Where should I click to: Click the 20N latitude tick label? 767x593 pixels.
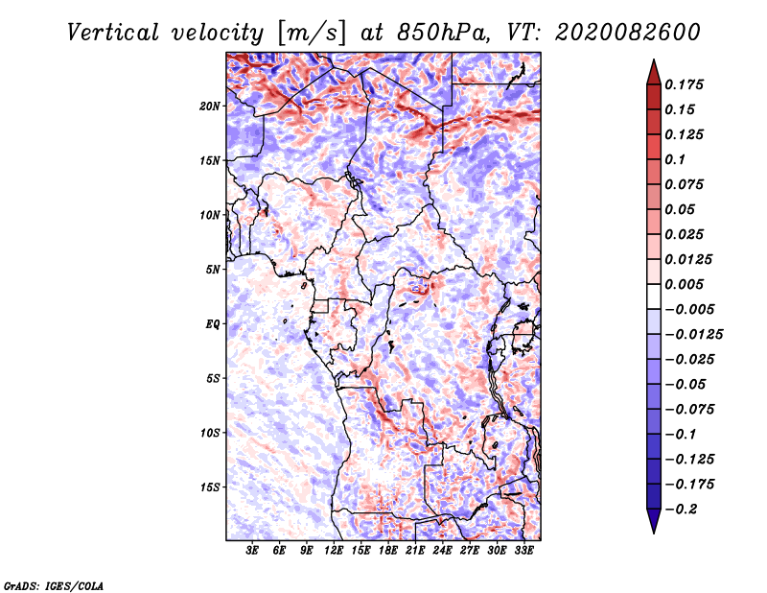click(209, 107)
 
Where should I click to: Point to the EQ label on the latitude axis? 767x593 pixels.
click(212, 324)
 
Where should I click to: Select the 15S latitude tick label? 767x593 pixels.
click(209, 487)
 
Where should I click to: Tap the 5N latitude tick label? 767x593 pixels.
click(212, 270)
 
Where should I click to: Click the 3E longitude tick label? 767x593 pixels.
click(252, 550)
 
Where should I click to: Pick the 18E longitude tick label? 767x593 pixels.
click(388, 550)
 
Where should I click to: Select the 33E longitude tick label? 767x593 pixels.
click(523, 550)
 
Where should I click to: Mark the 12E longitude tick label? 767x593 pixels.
click(334, 550)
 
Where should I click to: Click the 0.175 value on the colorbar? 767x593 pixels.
click(684, 84)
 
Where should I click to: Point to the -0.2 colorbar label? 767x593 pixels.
click(681, 510)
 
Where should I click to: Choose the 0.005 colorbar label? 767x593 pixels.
click(684, 284)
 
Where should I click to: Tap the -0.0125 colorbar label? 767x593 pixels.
click(693, 335)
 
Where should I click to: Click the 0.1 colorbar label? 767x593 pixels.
click(675, 159)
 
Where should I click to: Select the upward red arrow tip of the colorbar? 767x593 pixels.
click(654, 60)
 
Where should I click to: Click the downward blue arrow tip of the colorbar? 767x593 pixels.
click(654, 532)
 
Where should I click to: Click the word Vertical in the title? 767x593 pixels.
click(113, 33)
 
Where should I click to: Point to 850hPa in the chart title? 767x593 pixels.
click(444, 33)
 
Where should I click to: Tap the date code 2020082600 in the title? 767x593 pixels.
click(628, 33)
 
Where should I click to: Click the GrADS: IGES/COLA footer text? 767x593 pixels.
click(54, 585)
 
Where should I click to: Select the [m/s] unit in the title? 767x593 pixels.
click(312, 33)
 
